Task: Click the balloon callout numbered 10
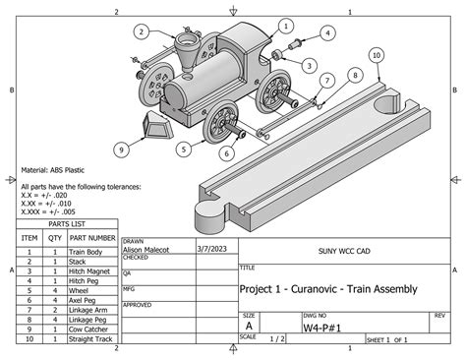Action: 378,56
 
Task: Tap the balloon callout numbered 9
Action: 121,150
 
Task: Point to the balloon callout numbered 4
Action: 326,32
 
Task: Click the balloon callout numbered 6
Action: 226,152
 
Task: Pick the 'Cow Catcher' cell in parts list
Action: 92,329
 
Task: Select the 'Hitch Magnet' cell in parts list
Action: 91,271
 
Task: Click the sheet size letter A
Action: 248,325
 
